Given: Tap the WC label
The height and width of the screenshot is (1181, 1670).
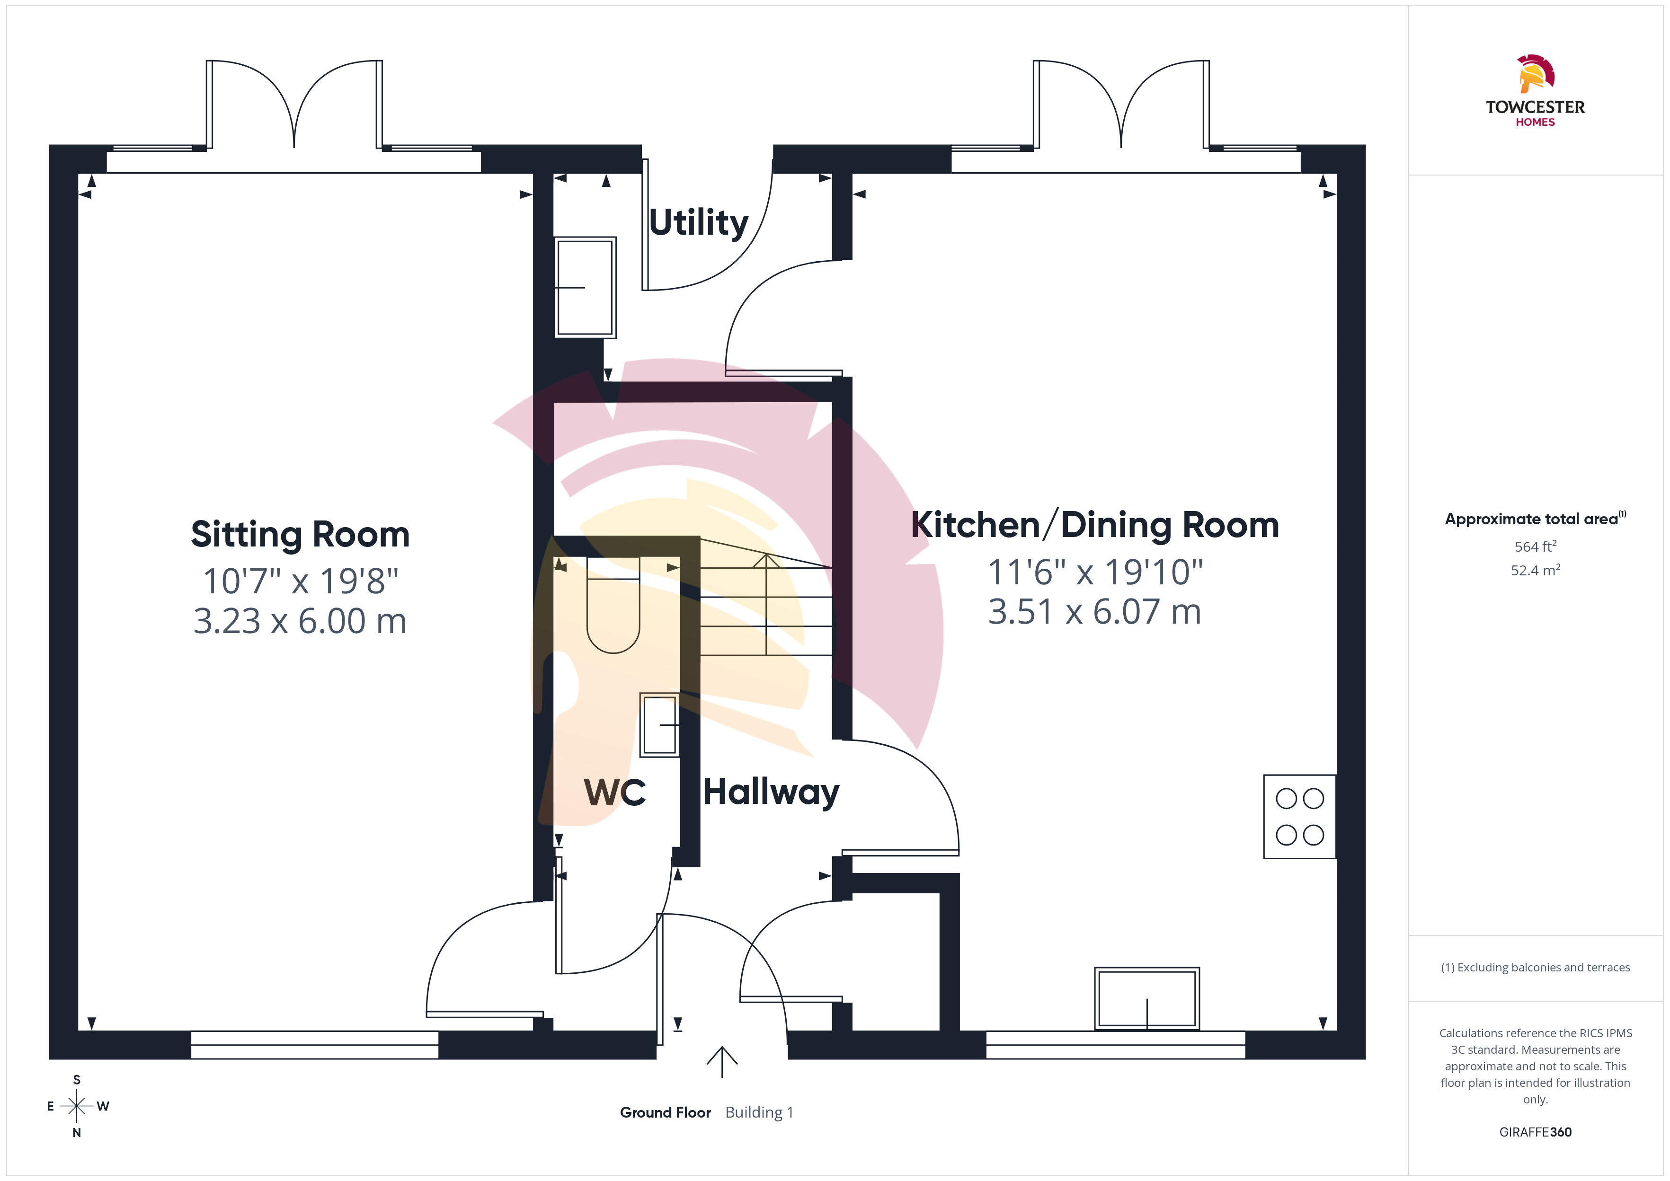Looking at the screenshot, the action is (614, 792).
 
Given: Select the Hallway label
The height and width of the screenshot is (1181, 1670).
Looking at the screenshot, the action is (771, 793).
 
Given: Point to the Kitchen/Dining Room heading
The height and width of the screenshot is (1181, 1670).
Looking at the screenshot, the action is (1095, 525).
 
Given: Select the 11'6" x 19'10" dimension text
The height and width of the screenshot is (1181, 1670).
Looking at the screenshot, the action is (1095, 573).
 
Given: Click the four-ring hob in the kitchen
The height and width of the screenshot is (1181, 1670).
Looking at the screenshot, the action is (1300, 817).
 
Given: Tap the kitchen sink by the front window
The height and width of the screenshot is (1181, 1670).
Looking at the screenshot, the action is (1147, 998).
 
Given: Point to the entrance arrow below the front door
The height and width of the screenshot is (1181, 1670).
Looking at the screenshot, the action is (721, 1062).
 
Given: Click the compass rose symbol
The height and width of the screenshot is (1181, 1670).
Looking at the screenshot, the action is (76, 1106).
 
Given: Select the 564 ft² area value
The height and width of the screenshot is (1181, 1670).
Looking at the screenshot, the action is (1536, 546).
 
